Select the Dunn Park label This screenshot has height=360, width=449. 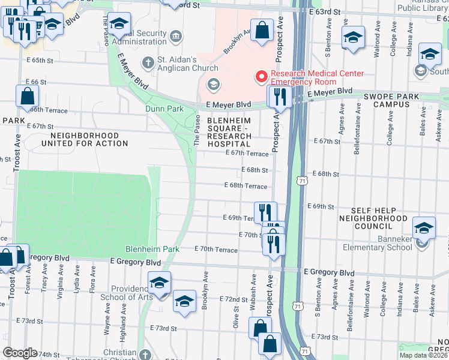tap(164, 109)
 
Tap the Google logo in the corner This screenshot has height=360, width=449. tap(19, 353)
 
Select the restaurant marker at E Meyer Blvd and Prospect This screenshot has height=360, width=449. tap(279, 95)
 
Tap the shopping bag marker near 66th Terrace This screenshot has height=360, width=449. tap(28, 96)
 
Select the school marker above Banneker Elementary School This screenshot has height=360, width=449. tap(424, 228)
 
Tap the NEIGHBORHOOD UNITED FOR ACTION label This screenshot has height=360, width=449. tap(85, 139)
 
